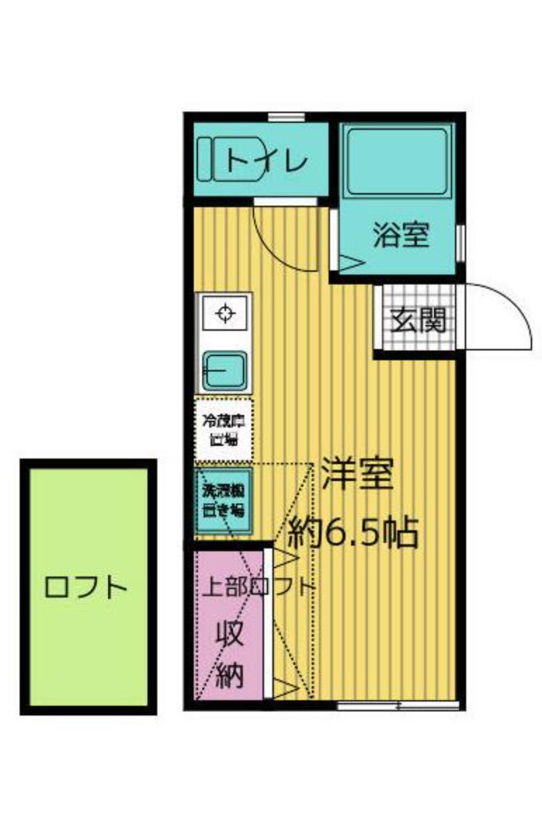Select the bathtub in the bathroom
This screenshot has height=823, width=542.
tap(397, 161)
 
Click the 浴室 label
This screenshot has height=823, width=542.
tap(400, 236)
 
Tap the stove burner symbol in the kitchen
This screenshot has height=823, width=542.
tap(225, 313)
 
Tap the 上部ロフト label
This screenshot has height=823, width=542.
tap(256, 586)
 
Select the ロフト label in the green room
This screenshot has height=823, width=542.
tap(86, 587)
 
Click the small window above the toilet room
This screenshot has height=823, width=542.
tap(286, 117)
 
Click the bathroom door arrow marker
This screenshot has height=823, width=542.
tap(351, 263)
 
